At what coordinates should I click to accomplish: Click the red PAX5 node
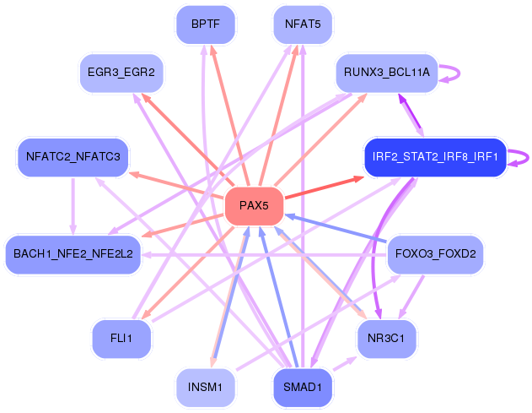click(254, 206)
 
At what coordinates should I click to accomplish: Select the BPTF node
click(206, 24)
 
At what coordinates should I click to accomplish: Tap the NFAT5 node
click(303, 24)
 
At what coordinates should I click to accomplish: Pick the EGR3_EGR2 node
click(121, 73)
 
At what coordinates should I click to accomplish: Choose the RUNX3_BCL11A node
click(387, 73)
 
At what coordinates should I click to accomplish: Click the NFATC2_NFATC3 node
click(73, 157)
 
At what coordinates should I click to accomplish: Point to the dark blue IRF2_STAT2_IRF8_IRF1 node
click(435, 157)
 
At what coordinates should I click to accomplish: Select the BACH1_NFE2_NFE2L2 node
click(73, 254)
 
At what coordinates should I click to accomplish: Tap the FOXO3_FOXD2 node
click(435, 254)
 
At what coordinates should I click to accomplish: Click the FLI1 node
click(121, 339)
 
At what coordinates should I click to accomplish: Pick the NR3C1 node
click(386, 339)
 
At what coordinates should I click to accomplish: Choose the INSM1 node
click(205, 388)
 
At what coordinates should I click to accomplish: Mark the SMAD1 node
click(303, 388)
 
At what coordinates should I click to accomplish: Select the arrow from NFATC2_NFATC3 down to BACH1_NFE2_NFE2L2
click(73, 206)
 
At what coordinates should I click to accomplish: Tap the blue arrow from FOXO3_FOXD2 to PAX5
click(336, 228)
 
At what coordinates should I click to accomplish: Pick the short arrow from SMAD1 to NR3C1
click(345, 363)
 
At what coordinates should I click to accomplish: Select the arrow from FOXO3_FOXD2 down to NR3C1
click(411, 297)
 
